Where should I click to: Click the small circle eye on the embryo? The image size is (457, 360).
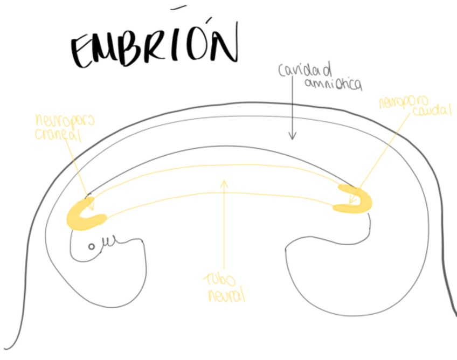92,247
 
